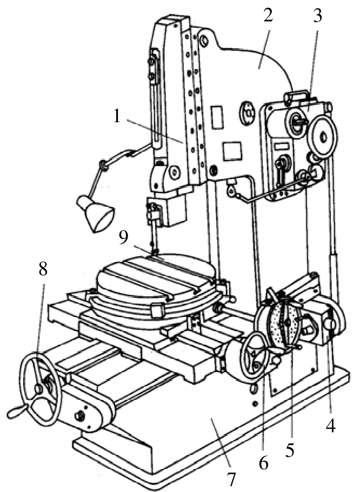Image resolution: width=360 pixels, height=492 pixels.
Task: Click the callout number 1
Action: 116,116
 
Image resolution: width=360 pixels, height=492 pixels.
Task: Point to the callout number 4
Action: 331,426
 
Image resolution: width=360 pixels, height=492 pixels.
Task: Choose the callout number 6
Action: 263,462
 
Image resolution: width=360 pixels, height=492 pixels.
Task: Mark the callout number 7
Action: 231,479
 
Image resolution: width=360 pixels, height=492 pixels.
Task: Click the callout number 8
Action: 43,269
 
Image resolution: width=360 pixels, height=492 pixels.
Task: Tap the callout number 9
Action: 123,237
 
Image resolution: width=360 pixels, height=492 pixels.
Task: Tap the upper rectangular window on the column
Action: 217,117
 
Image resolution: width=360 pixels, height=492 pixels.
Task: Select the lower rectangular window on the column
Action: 232,151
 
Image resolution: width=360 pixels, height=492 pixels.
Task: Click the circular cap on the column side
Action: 248,112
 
